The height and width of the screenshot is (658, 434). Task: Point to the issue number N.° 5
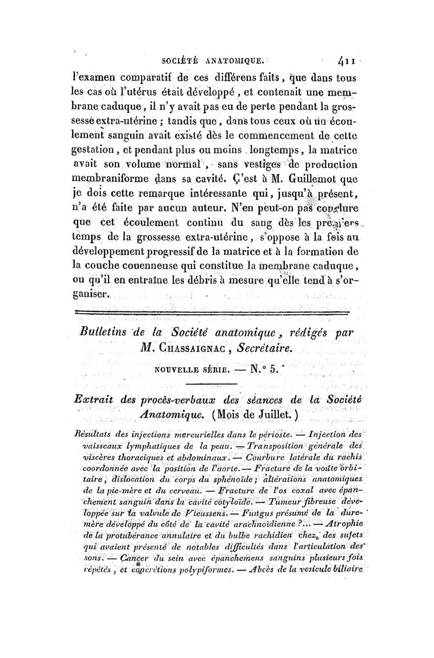pyautogui.click(x=263, y=373)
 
